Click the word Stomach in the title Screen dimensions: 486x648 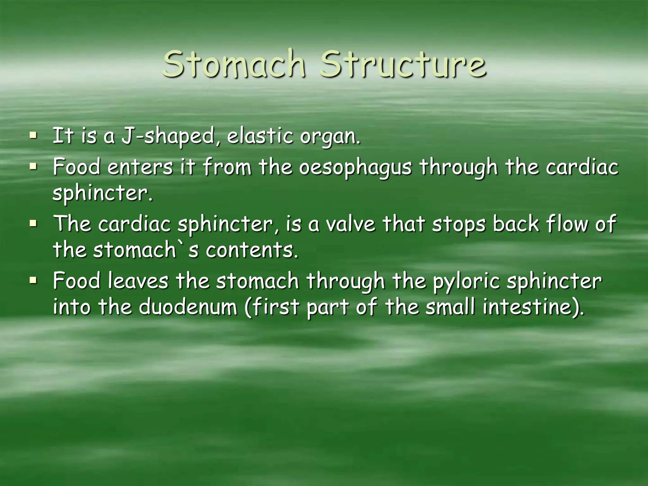(x=234, y=64)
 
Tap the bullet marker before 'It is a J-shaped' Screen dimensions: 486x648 (x=33, y=136)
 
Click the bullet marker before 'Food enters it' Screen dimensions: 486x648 (x=33, y=165)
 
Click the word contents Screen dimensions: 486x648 (x=252, y=250)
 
